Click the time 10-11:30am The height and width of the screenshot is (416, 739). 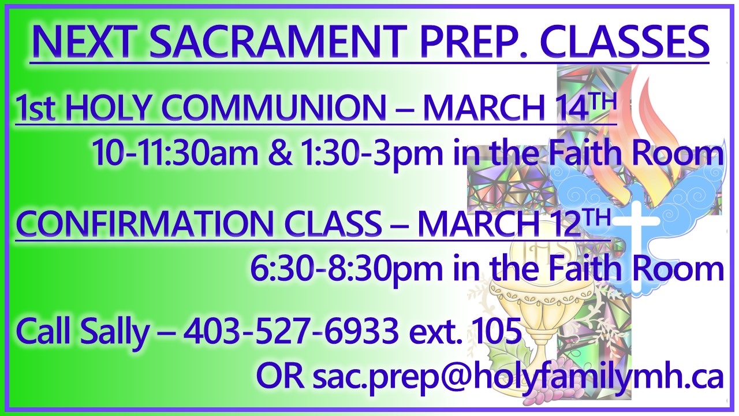(x=175, y=153)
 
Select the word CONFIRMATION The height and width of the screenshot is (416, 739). (x=144, y=224)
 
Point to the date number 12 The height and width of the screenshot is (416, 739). (x=565, y=224)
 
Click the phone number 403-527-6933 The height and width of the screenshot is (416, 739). (x=290, y=330)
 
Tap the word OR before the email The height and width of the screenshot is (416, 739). (x=280, y=377)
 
